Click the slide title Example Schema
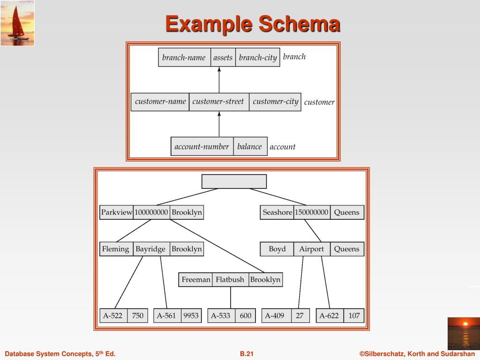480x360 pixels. pos(252,24)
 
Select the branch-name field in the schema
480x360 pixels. pos(184,58)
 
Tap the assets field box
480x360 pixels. pos(223,58)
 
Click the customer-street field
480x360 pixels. pos(218,102)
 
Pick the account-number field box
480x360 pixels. pos(202,147)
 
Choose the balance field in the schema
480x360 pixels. pos(249,147)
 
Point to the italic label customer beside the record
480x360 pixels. pos(319,102)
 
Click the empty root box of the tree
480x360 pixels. pos(234,181)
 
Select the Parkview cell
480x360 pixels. pos(116,212)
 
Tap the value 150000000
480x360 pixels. pos(311,212)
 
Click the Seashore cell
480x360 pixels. pos(277,212)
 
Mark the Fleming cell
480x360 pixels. pos(115,249)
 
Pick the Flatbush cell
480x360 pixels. pos(230,280)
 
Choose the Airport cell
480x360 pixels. pos(311,249)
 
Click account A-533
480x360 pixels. pos(220,315)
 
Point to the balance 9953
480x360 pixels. pos(191,315)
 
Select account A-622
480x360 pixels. pos(329,315)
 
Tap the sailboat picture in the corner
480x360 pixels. pos(17,23)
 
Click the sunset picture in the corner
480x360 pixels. pos(463,333)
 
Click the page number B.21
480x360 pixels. pos(247,354)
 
